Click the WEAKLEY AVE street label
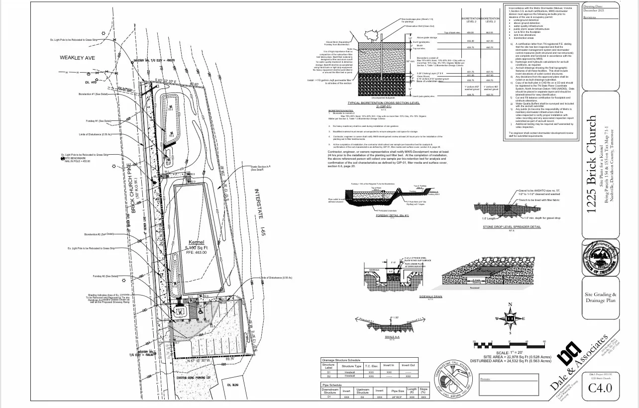pos(77,58)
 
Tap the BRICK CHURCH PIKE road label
pos(134,188)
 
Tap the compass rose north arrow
pos(510,318)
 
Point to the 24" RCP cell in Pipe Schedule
pos(398,397)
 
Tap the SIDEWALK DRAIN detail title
pos(430,297)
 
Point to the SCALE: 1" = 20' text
pos(505,352)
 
